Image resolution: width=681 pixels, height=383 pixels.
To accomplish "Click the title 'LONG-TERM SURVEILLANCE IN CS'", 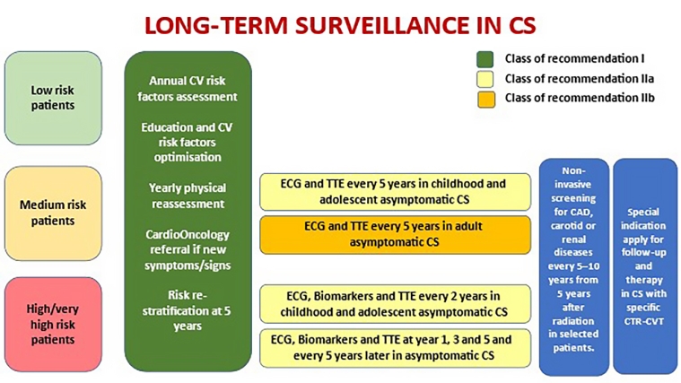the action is [x=340, y=25].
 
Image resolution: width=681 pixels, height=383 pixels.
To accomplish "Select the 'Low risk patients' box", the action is [x=54, y=98].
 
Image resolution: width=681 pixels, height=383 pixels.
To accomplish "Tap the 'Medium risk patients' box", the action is [x=54, y=213].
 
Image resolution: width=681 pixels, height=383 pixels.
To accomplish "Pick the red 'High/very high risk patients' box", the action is [x=54, y=325].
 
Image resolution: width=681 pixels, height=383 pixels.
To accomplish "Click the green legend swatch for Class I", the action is [x=485, y=59].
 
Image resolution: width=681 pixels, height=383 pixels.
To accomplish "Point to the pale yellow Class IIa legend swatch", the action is [x=485, y=80].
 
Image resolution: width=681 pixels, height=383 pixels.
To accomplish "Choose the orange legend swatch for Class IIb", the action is [x=486, y=100].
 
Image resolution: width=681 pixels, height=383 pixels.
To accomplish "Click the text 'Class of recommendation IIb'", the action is [x=580, y=98].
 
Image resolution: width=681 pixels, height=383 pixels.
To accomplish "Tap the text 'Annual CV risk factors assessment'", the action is [x=188, y=89].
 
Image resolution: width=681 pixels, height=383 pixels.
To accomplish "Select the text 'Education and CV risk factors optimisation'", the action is [x=188, y=143].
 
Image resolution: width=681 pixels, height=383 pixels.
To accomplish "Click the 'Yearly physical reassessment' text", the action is [x=188, y=196].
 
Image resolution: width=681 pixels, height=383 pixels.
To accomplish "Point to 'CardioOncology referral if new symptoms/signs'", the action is [x=188, y=249].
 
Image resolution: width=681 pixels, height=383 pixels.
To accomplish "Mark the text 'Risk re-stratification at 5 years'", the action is [x=188, y=310].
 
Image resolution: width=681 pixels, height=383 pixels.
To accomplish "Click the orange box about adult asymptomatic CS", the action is [x=395, y=234].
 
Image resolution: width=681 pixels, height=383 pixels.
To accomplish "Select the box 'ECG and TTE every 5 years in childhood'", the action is [x=395, y=192].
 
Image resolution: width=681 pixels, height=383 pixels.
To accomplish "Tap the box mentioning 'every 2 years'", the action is [x=395, y=304].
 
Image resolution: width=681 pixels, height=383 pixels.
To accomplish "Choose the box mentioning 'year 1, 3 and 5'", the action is [x=395, y=348].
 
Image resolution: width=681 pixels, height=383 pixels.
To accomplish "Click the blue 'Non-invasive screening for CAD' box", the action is [x=573, y=266].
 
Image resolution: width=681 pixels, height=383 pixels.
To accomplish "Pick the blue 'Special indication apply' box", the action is [x=645, y=266].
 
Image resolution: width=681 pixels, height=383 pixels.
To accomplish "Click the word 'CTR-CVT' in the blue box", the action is [x=643, y=321].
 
